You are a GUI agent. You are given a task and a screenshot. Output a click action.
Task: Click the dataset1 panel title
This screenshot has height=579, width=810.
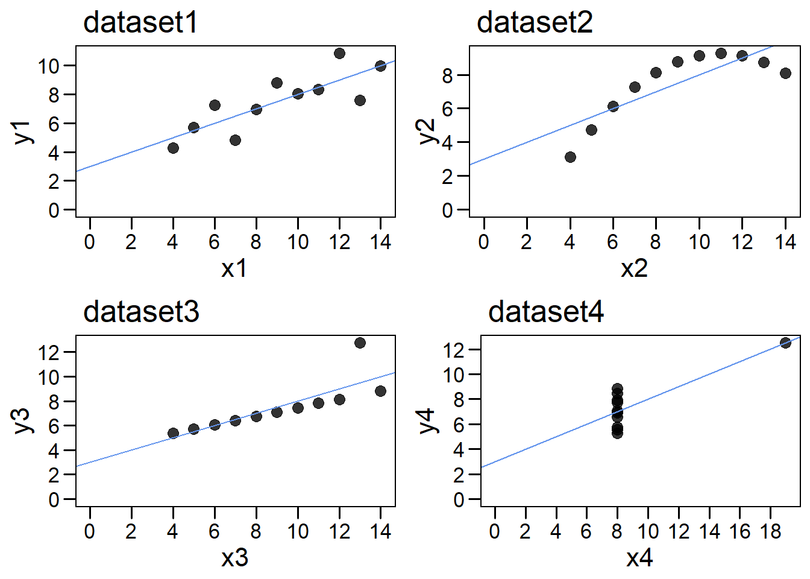[140, 23]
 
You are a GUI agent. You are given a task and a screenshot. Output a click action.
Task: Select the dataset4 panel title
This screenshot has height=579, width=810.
[546, 312]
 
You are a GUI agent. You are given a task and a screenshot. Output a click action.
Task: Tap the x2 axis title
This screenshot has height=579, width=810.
[634, 268]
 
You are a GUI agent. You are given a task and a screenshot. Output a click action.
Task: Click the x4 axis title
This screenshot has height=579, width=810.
[639, 557]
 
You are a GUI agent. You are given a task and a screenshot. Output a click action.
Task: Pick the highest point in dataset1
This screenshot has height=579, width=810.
[339, 54]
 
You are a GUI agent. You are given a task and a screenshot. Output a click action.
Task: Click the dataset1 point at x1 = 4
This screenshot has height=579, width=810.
[173, 148]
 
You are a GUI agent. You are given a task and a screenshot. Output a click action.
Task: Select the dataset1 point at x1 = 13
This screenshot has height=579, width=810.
[360, 100]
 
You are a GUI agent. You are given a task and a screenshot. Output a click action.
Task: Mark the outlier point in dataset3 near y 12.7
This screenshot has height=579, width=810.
[360, 343]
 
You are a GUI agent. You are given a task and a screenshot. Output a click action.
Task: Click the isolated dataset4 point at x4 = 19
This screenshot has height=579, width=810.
[785, 343]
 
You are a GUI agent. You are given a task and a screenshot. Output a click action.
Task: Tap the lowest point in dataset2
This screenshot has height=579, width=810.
[570, 157]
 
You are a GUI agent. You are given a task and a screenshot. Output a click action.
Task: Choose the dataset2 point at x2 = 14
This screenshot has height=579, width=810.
[785, 73]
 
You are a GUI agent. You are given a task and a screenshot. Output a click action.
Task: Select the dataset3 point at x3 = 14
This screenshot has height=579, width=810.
[380, 391]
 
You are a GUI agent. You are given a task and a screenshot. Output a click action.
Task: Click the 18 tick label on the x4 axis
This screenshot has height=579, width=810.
[770, 531]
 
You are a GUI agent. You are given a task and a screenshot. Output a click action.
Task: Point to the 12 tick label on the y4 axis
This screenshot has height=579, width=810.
[454, 350]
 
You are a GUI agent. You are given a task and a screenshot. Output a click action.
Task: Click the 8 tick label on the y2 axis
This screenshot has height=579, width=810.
[447, 75]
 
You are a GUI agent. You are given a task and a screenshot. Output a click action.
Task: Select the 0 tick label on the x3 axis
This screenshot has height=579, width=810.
[90, 531]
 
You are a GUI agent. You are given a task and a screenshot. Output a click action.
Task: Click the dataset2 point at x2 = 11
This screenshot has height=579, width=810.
[721, 53]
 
